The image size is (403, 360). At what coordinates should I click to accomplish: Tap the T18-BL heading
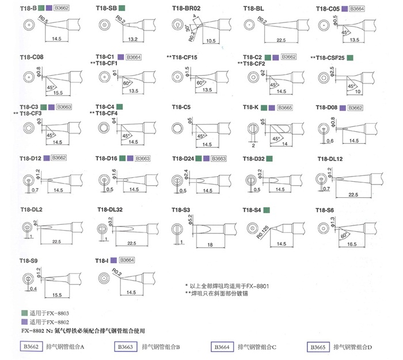[x=253, y=9]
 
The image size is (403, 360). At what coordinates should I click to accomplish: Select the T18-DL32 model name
[x=110, y=209]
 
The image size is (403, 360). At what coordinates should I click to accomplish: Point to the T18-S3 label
[x=181, y=209]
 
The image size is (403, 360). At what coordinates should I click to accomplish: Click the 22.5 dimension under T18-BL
[x=281, y=40]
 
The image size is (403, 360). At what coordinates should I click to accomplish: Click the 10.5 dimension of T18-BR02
[x=210, y=40]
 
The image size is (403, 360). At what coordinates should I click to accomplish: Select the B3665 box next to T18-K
[x=284, y=108]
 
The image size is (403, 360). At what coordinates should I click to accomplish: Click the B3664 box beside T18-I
[x=129, y=261]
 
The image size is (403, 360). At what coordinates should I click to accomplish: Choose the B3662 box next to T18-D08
[x=356, y=108]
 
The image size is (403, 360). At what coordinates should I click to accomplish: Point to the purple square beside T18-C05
[x=344, y=9]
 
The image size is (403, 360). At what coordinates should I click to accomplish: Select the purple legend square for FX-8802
[x=24, y=322]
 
